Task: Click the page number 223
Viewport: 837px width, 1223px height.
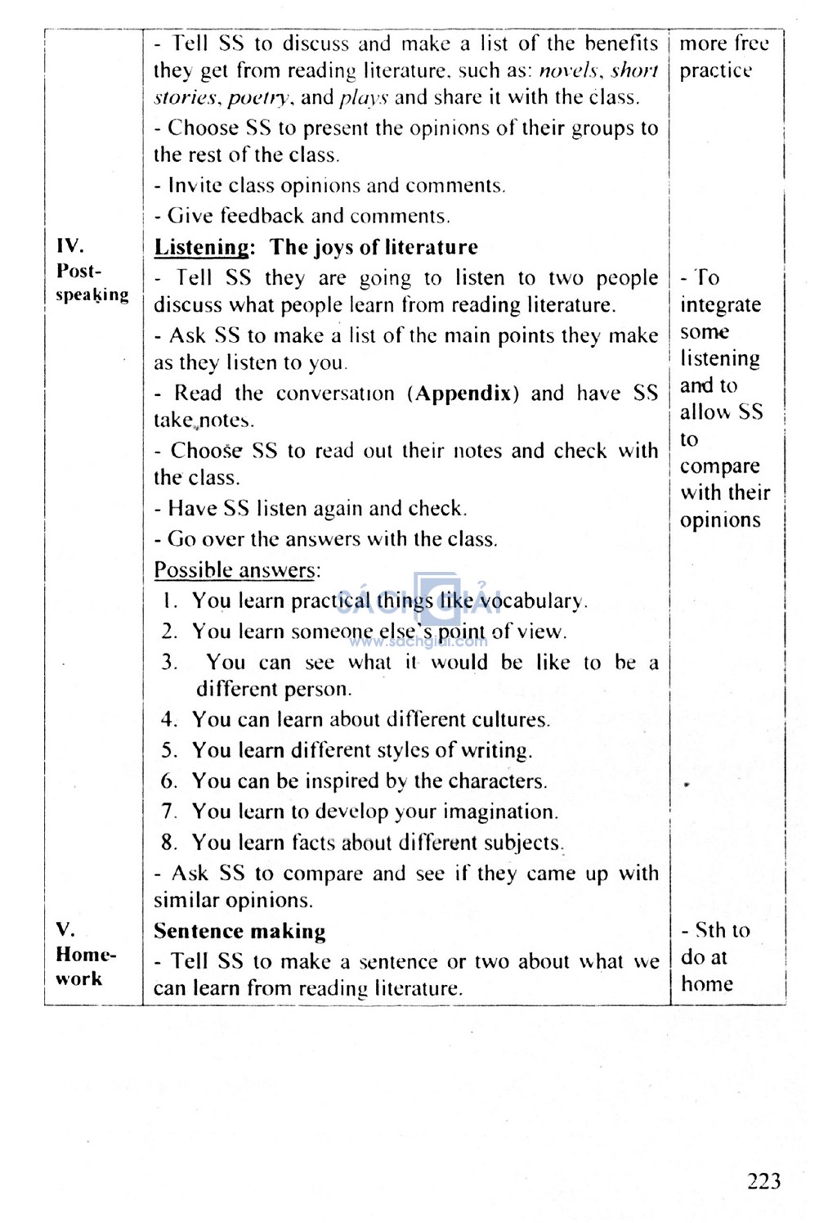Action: [763, 1180]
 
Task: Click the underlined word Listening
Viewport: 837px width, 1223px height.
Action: [202, 247]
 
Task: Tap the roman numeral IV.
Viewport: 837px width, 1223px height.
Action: [70, 245]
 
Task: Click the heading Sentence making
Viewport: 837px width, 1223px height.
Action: [239, 931]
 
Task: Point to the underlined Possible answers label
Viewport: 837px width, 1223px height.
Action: [237, 570]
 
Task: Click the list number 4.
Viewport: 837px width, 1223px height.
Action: [168, 720]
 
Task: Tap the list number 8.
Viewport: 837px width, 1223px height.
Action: [168, 843]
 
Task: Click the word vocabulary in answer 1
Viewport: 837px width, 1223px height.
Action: [532, 601]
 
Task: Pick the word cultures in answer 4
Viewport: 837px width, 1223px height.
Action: [508, 720]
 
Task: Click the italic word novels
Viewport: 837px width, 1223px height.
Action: [570, 70]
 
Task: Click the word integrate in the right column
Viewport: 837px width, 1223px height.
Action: [720, 305]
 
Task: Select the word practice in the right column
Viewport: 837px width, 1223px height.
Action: [716, 70]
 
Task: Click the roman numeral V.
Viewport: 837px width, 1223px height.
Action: [65, 929]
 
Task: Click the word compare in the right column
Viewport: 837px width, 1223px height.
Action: [720, 466]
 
